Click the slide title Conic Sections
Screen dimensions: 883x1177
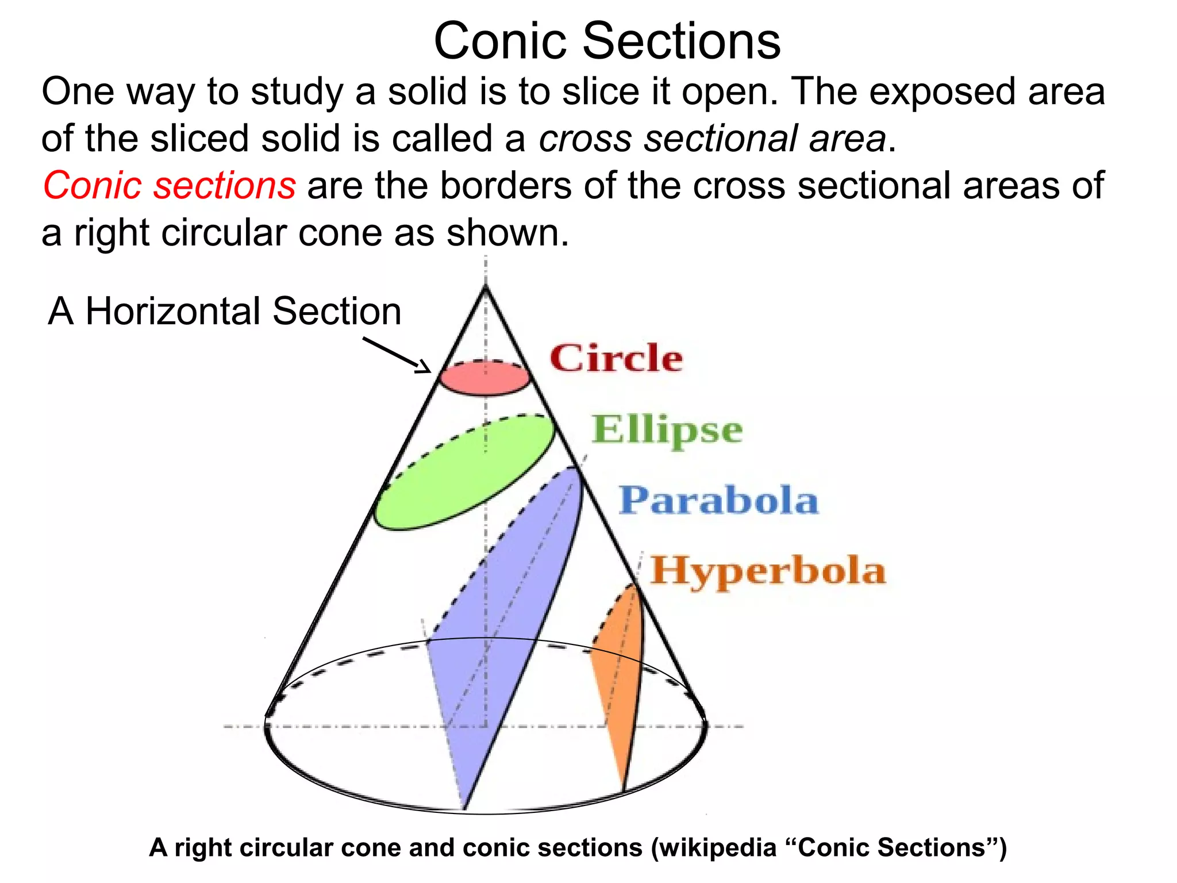point(607,41)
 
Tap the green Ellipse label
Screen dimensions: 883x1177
point(667,430)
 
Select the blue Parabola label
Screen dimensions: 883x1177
point(718,500)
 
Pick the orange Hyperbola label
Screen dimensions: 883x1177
point(768,571)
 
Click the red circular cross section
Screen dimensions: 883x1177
point(484,379)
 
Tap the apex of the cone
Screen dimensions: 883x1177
point(486,286)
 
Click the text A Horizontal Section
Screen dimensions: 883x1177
point(224,312)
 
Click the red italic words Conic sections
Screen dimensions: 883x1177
point(169,186)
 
